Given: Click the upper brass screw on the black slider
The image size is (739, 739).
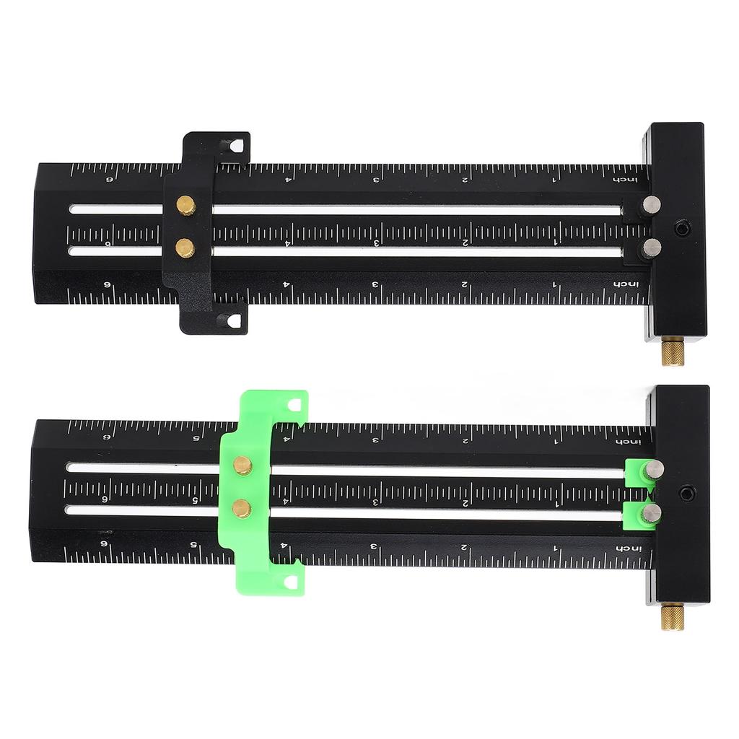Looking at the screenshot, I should click(x=186, y=206).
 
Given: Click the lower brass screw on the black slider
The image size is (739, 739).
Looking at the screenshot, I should click(x=185, y=248).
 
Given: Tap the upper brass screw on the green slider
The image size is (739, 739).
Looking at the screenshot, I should click(x=242, y=465).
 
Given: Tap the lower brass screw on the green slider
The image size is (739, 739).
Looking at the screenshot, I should click(x=242, y=508).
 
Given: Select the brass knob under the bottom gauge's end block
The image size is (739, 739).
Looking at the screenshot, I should click(x=673, y=616).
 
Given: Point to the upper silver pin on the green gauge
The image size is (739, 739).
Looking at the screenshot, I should click(x=654, y=469).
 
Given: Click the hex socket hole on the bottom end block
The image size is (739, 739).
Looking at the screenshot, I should click(x=686, y=494).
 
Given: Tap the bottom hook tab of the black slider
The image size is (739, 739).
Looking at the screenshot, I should click(x=232, y=321).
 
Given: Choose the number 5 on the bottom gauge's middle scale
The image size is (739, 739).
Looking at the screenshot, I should click(x=195, y=499).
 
